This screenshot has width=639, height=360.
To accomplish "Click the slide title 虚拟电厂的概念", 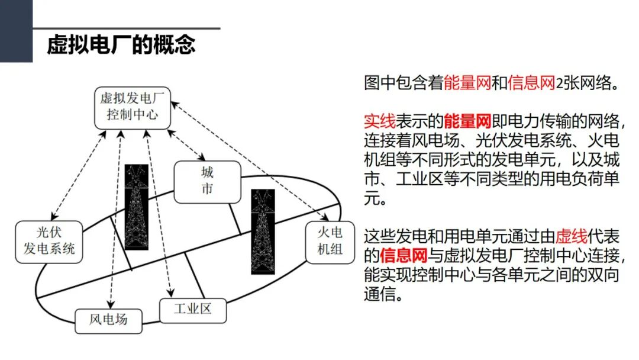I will pyautogui.click(x=121, y=45).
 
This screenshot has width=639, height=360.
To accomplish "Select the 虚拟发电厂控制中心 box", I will pyautogui.click(x=132, y=107).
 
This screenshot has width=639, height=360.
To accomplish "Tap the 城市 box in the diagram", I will pyautogui.click(x=207, y=181).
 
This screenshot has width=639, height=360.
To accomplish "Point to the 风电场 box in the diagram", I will pyautogui.click(x=108, y=320).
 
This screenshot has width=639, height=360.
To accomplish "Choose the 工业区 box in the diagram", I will pyautogui.click(x=193, y=308).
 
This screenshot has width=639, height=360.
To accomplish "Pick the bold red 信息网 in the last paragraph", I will pyautogui.click(x=404, y=256).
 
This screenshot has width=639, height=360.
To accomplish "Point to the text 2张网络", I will pyautogui.click(x=586, y=83).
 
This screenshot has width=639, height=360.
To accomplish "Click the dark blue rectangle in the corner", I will pyautogui.click(x=16, y=31).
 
